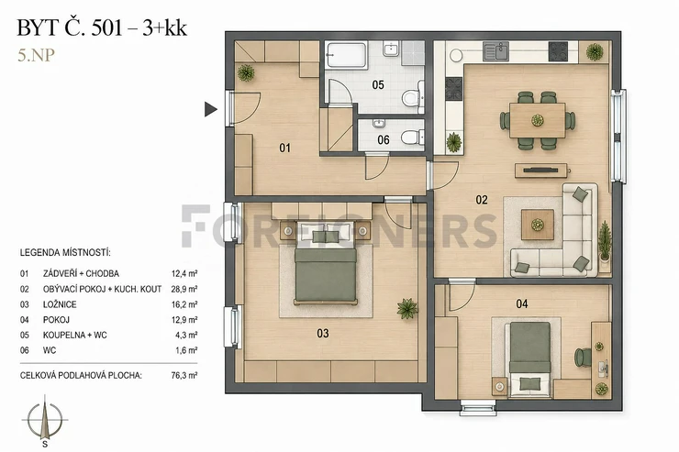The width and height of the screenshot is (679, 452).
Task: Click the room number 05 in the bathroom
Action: click(x=378, y=84)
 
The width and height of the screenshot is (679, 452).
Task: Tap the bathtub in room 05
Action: click(x=347, y=55)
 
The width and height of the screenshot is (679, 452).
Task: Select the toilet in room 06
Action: click(x=412, y=138)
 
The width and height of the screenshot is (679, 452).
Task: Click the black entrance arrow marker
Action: click(x=210, y=109)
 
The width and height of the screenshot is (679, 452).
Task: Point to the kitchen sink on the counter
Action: click(x=495, y=51)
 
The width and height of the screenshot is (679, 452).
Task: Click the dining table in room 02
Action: click(x=538, y=120)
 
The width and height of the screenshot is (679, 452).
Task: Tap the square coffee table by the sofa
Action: click(x=538, y=225)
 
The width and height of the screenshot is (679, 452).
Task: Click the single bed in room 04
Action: click(x=529, y=359)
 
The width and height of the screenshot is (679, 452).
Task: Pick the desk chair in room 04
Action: click(x=583, y=358)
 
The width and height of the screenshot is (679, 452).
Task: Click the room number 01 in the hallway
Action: click(x=284, y=148)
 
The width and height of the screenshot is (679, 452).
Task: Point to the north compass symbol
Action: click(x=45, y=420)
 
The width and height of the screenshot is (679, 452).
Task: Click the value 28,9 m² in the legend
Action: click(x=184, y=289)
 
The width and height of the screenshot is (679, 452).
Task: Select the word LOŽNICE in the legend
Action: click(x=60, y=304)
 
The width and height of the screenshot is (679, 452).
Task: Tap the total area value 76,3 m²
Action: click(x=184, y=375)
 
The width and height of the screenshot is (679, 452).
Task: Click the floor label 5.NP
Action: click(x=36, y=55)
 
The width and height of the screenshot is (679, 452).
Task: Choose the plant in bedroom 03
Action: click(x=407, y=308)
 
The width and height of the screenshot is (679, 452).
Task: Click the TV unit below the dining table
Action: click(x=541, y=171)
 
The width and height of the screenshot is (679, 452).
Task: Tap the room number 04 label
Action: click(x=522, y=304)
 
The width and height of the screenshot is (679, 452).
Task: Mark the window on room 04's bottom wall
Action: click(x=477, y=407)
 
